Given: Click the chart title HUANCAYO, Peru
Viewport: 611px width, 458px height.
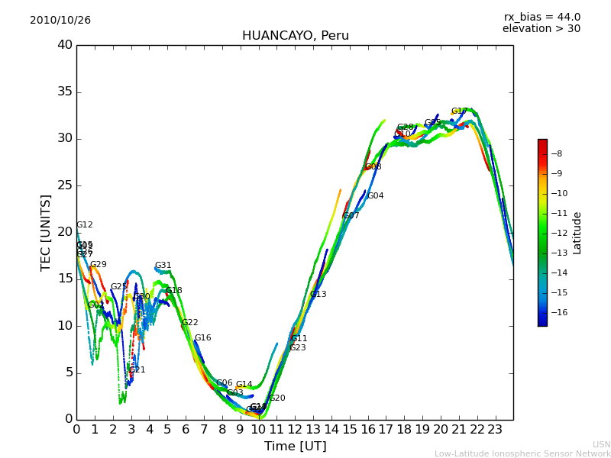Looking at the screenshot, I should tap(295, 36).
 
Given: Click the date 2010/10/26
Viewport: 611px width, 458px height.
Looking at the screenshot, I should tap(60, 21).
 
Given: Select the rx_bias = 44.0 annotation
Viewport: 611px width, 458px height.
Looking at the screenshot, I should tap(541, 18).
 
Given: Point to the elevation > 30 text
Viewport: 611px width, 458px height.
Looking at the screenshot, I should tap(541, 29).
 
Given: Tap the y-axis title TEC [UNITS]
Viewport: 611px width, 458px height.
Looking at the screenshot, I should tap(46, 232).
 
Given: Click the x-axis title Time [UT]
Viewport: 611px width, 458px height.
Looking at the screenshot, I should tap(295, 447).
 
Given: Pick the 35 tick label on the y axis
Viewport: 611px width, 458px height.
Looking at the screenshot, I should tap(65, 92).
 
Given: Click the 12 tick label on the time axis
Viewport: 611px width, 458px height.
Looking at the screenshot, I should tap(295, 430).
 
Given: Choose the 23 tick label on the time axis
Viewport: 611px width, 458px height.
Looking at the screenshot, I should tap(495, 430).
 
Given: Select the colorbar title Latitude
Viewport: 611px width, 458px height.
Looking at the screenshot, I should tap(577, 233).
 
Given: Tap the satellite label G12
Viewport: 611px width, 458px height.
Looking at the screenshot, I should tap(85, 225).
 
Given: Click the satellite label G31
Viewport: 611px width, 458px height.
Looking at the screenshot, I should tap(163, 266).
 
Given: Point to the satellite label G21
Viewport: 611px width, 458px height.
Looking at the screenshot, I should tap(137, 370).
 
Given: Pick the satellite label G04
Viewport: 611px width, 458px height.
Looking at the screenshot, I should tap(376, 196).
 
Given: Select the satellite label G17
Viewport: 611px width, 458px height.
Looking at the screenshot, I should tap(460, 111).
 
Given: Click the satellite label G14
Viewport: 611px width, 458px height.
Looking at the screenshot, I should tap(244, 385).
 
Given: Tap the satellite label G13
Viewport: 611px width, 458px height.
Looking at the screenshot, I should tap(318, 295).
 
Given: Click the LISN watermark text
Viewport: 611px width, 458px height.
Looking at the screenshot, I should tap(602, 444).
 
